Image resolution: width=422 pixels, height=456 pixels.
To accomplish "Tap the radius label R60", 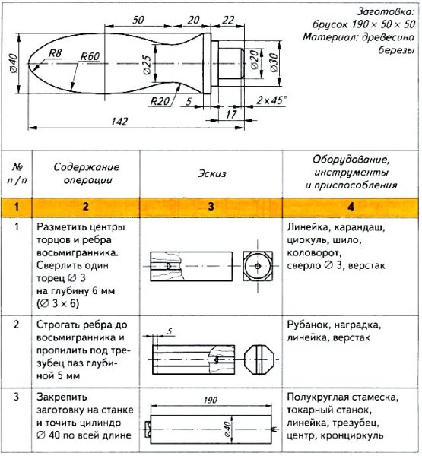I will point(90,56).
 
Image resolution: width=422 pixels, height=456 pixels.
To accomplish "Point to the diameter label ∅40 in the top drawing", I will point(13,62).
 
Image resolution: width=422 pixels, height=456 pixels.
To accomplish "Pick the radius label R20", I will point(159,100).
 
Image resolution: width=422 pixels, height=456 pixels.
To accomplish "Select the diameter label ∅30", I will point(274,65).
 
